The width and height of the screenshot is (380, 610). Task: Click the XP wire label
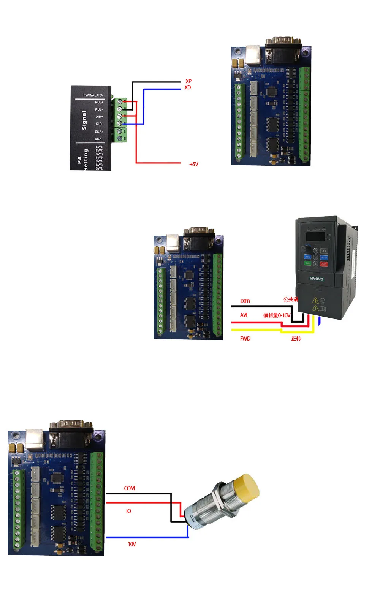pos(188,81)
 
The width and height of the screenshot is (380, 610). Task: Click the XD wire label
pos(188,87)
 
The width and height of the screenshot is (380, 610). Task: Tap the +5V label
pos(194,164)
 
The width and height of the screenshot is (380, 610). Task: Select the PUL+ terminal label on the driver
pos(99,102)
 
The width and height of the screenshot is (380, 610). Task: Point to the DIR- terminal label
pos(99,124)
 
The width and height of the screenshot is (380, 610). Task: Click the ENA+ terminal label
pos(99,132)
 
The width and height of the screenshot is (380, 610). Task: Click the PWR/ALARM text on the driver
pos(93,95)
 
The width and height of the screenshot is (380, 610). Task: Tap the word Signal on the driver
pos(84,120)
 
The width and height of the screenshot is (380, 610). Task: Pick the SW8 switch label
pos(99,147)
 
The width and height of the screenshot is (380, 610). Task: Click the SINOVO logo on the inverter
pos(316,279)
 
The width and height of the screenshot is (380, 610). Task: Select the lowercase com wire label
pos(245,301)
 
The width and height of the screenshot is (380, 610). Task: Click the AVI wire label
pos(244,315)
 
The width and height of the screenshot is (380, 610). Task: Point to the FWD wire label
pos(245,339)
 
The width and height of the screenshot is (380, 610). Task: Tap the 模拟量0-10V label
pos(277,315)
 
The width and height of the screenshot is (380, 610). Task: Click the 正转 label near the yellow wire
pos(296,339)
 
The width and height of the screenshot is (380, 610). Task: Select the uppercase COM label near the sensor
pos(130,488)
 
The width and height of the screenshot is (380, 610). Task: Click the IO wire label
pos(128,511)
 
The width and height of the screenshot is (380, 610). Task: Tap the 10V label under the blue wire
pos(132,544)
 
